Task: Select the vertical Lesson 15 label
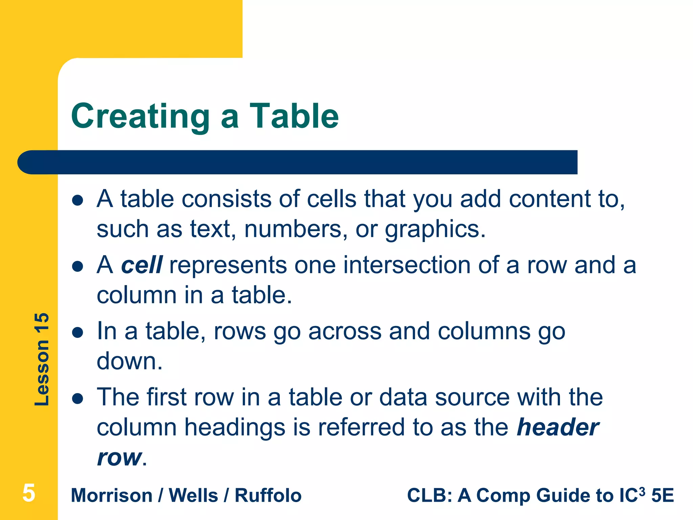pos(42,359)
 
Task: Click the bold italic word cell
pos(142,265)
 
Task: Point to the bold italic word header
pos(558,427)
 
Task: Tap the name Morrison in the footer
pos(112,496)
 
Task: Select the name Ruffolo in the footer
pos(268,496)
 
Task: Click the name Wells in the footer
pos(193,496)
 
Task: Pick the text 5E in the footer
pos(663,496)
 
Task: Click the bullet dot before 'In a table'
pos(78,333)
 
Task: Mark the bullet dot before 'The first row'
pos(78,399)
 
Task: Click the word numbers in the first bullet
pos(293,230)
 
